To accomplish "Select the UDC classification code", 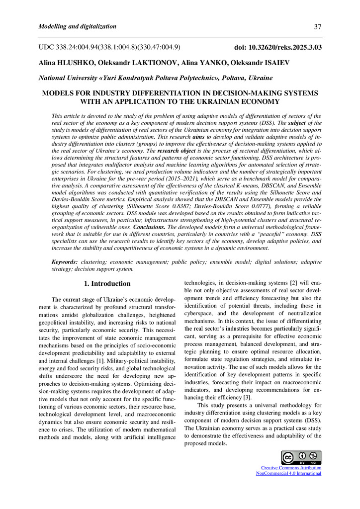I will coord(109,48).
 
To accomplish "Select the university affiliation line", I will coord(155,78).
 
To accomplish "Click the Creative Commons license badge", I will coord(301,457).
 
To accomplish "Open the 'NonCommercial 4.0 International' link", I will coord(288,473).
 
